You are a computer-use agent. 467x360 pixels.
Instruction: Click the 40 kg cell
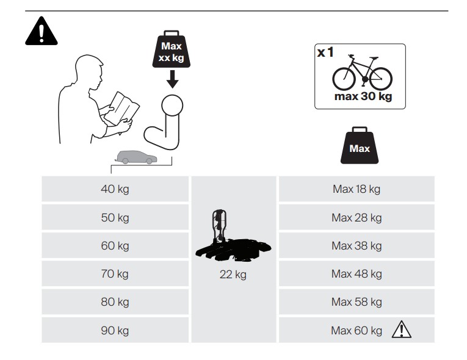click(x=115, y=189)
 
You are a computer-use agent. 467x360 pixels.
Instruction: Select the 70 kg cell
click(x=115, y=273)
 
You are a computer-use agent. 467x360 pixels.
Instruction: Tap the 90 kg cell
click(x=115, y=330)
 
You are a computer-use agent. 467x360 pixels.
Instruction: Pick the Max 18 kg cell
click(x=357, y=189)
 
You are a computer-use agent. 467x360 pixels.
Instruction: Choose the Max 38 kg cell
click(x=357, y=246)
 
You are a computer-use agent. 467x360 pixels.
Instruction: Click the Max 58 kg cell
click(x=357, y=302)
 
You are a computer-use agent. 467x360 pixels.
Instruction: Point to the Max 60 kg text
click(x=357, y=331)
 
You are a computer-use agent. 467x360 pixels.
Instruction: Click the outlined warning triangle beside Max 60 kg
click(x=402, y=329)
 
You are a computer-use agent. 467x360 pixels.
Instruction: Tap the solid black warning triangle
click(x=42, y=31)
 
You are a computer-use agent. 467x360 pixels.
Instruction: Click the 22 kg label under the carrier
click(x=233, y=275)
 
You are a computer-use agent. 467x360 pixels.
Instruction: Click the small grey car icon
click(x=136, y=157)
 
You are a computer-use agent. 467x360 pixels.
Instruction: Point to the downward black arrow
click(x=172, y=79)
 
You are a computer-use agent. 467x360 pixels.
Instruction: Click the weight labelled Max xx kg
click(x=172, y=49)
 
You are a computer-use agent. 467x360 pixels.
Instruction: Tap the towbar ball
click(x=172, y=106)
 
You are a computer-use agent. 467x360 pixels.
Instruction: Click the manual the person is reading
click(x=122, y=109)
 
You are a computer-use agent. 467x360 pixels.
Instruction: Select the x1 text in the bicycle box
click(x=325, y=52)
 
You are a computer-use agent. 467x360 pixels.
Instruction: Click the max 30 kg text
click(x=363, y=96)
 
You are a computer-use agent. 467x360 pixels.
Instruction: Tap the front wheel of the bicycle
click(x=344, y=79)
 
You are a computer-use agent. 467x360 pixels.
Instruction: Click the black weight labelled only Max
click(x=360, y=145)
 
